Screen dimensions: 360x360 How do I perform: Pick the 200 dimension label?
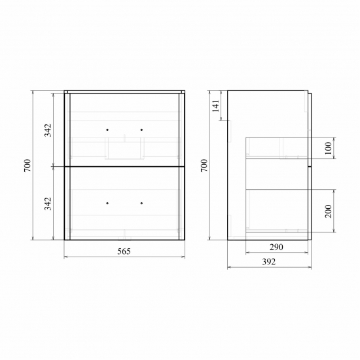pos(328,211)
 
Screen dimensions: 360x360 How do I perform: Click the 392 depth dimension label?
pos(268,262)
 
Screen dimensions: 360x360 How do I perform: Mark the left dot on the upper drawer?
pos(107,130)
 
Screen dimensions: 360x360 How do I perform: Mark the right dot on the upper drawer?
pos(141,130)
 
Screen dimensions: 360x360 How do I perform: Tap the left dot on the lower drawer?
pos(107,203)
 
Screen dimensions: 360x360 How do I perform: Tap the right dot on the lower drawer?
pos(141,203)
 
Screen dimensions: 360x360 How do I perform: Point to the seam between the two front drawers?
pos(124,167)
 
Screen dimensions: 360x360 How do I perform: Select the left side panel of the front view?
pos(67,166)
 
